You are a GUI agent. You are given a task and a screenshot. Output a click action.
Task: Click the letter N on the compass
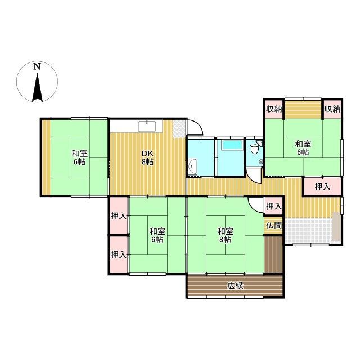click(37, 66)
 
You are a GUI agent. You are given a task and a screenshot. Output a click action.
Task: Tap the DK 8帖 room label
click(147, 157)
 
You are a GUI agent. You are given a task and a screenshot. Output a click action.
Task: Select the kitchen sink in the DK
click(147, 126)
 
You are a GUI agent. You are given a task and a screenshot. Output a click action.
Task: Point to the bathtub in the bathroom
click(232, 145)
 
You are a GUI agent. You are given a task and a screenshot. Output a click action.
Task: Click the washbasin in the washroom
click(192, 166)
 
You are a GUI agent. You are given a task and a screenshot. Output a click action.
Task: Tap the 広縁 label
click(235, 286)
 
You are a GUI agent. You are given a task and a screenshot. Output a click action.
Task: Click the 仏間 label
click(274, 226)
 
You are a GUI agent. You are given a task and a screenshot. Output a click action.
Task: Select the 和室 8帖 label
click(225, 235)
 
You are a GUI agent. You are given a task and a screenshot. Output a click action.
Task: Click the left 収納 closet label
click(274, 109)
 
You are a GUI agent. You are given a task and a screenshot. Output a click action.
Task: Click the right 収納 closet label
click(332, 109)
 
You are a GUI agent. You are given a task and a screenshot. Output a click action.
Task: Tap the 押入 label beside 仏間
click(274, 206)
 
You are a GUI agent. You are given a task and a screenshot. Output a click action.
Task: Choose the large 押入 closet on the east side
click(322, 187)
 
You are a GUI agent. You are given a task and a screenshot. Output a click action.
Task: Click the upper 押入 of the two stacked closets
click(119, 216)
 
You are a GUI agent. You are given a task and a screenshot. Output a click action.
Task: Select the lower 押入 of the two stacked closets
click(119, 255)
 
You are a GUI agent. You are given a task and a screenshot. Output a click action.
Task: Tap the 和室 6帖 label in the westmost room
click(80, 157)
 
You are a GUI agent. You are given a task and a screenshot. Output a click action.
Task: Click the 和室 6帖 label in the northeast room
click(303, 148)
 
